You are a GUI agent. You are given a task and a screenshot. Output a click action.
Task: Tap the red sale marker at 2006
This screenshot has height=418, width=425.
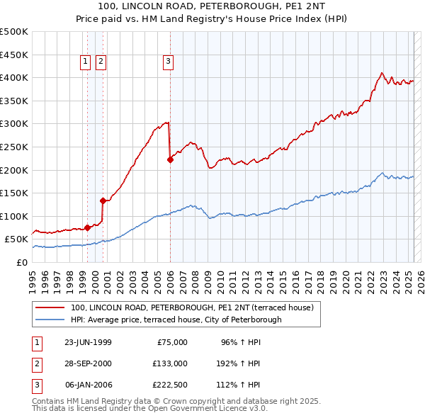tap(170, 159)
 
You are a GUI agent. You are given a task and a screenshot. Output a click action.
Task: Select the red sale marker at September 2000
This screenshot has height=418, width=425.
tap(103, 200)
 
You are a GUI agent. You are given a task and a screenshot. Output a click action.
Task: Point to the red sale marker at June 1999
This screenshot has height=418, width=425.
tap(87, 227)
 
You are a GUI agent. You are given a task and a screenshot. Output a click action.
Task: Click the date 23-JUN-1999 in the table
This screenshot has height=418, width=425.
tap(88, 341)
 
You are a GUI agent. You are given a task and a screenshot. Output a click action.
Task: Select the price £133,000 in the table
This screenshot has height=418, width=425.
tap(169, 363)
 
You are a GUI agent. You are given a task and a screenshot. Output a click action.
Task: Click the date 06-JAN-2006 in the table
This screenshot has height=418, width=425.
tap(88, 385)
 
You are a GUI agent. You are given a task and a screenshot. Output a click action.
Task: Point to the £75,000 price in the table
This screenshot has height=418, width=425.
tap(171, 341)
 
